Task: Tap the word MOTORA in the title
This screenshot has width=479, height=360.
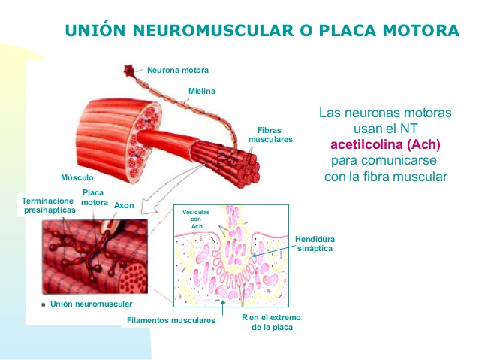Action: [x=414, y=31]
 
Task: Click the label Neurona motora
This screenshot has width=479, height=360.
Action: [x=177, y=70]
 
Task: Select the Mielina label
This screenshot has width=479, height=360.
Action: [x=201, y=92]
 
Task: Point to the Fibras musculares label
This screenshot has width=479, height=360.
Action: [x=270, y=135]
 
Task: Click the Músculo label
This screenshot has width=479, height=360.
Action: [x=77, y=178]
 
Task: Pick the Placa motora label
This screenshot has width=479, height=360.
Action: [x=95, y=197]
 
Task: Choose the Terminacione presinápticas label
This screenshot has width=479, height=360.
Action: [x=49, y=205]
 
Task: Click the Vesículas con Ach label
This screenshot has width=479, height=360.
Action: [x=197, y=219]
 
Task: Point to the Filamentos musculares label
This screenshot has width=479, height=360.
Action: [x=171, y=320]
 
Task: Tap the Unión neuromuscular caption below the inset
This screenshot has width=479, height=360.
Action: [x=92, y=304]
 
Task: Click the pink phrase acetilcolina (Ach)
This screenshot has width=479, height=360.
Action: [x=385, y=145]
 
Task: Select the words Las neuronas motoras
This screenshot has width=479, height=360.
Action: [x=385, y=113]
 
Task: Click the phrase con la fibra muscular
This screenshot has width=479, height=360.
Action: [x=385, y=177]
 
